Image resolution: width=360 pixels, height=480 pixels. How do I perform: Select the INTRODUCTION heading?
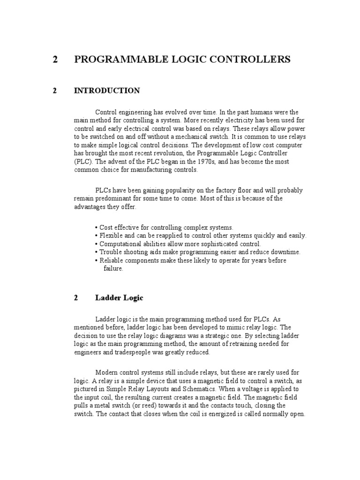pos(107,91)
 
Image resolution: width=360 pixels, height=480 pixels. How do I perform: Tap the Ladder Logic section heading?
pos(120,298)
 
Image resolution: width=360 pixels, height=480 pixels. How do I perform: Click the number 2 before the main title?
pos(56,60)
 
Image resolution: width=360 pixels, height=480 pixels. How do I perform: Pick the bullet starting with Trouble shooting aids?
pos(197,252)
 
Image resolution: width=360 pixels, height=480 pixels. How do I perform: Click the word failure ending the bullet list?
pos(113,269)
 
